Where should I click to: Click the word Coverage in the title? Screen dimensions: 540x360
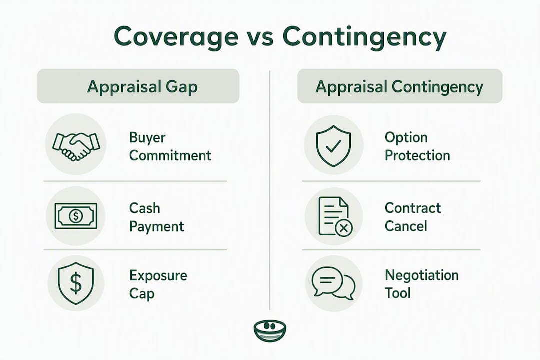click(176, 37)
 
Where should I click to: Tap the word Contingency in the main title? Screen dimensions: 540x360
click(364, 37)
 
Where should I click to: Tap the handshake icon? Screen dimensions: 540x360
click(76, 145)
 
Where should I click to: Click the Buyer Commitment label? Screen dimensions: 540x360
click(170, 147)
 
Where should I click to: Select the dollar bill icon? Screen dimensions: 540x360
click(76, 216)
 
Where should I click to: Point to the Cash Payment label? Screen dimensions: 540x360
click(156, 217)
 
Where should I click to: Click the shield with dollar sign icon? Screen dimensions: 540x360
click(76, 283)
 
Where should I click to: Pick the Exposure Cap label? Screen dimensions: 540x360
click(158, 284)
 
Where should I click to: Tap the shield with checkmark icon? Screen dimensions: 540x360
click(333, 146)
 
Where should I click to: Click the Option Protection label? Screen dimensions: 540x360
click(417, 147)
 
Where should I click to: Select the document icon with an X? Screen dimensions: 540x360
click(335, 216)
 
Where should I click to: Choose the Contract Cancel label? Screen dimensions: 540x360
click(413, 217)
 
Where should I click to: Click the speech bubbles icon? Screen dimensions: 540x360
click(333, 283)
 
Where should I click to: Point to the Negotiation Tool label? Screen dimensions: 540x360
click(421, 284)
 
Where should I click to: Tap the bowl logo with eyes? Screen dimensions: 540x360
click(270, 330)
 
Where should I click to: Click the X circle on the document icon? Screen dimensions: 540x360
click(343, 228)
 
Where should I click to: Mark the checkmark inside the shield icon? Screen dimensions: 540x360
click(333, 146)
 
